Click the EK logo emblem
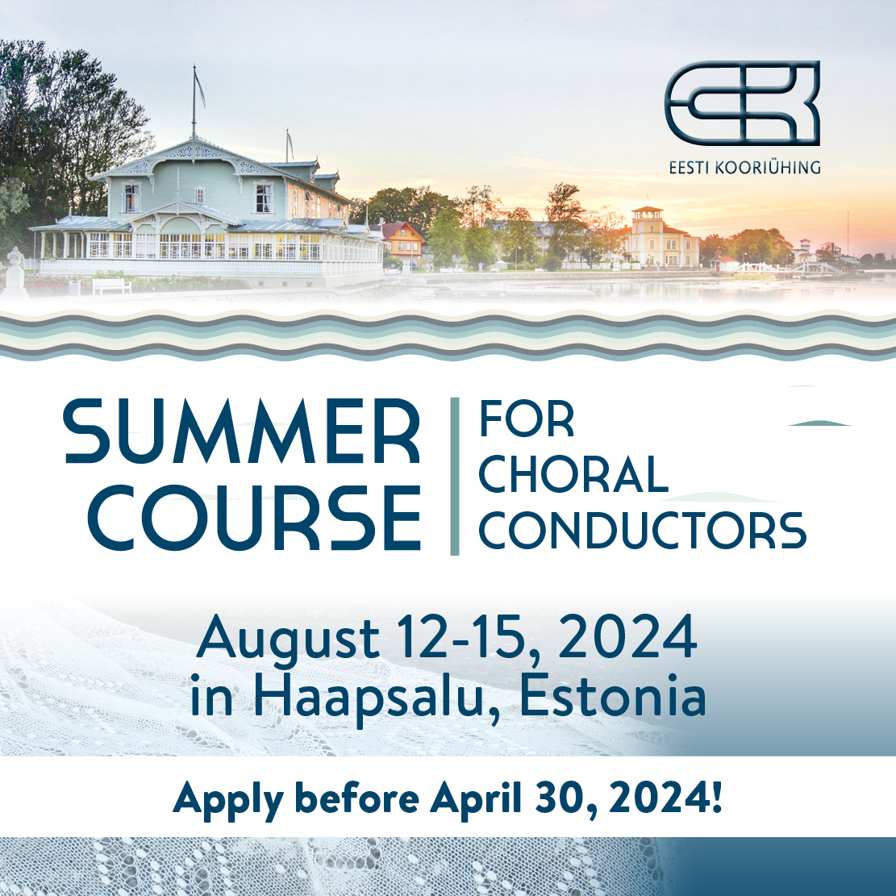(742, 103)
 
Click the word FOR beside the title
(527, 419)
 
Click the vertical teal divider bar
(455, 476)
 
